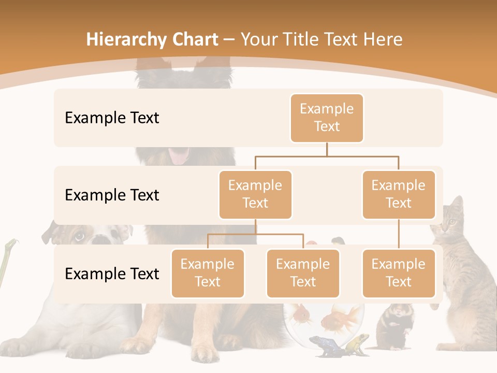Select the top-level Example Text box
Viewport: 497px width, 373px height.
pos(327,118)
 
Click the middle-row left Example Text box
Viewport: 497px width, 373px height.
pos(255,194)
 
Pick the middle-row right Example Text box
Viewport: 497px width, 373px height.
pos(399,194)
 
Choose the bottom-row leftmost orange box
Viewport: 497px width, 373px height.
pos(208,273)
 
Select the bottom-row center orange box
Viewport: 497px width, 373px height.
pos(303,273)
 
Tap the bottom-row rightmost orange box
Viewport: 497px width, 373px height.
pos(399,273)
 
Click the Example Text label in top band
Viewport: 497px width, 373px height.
pos(112,118)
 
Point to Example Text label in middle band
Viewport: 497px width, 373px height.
pos(112,195)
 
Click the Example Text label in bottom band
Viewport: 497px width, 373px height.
pos(112,274)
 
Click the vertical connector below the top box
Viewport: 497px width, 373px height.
pos(327,149)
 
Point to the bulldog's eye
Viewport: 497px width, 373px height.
pos(79,237)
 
